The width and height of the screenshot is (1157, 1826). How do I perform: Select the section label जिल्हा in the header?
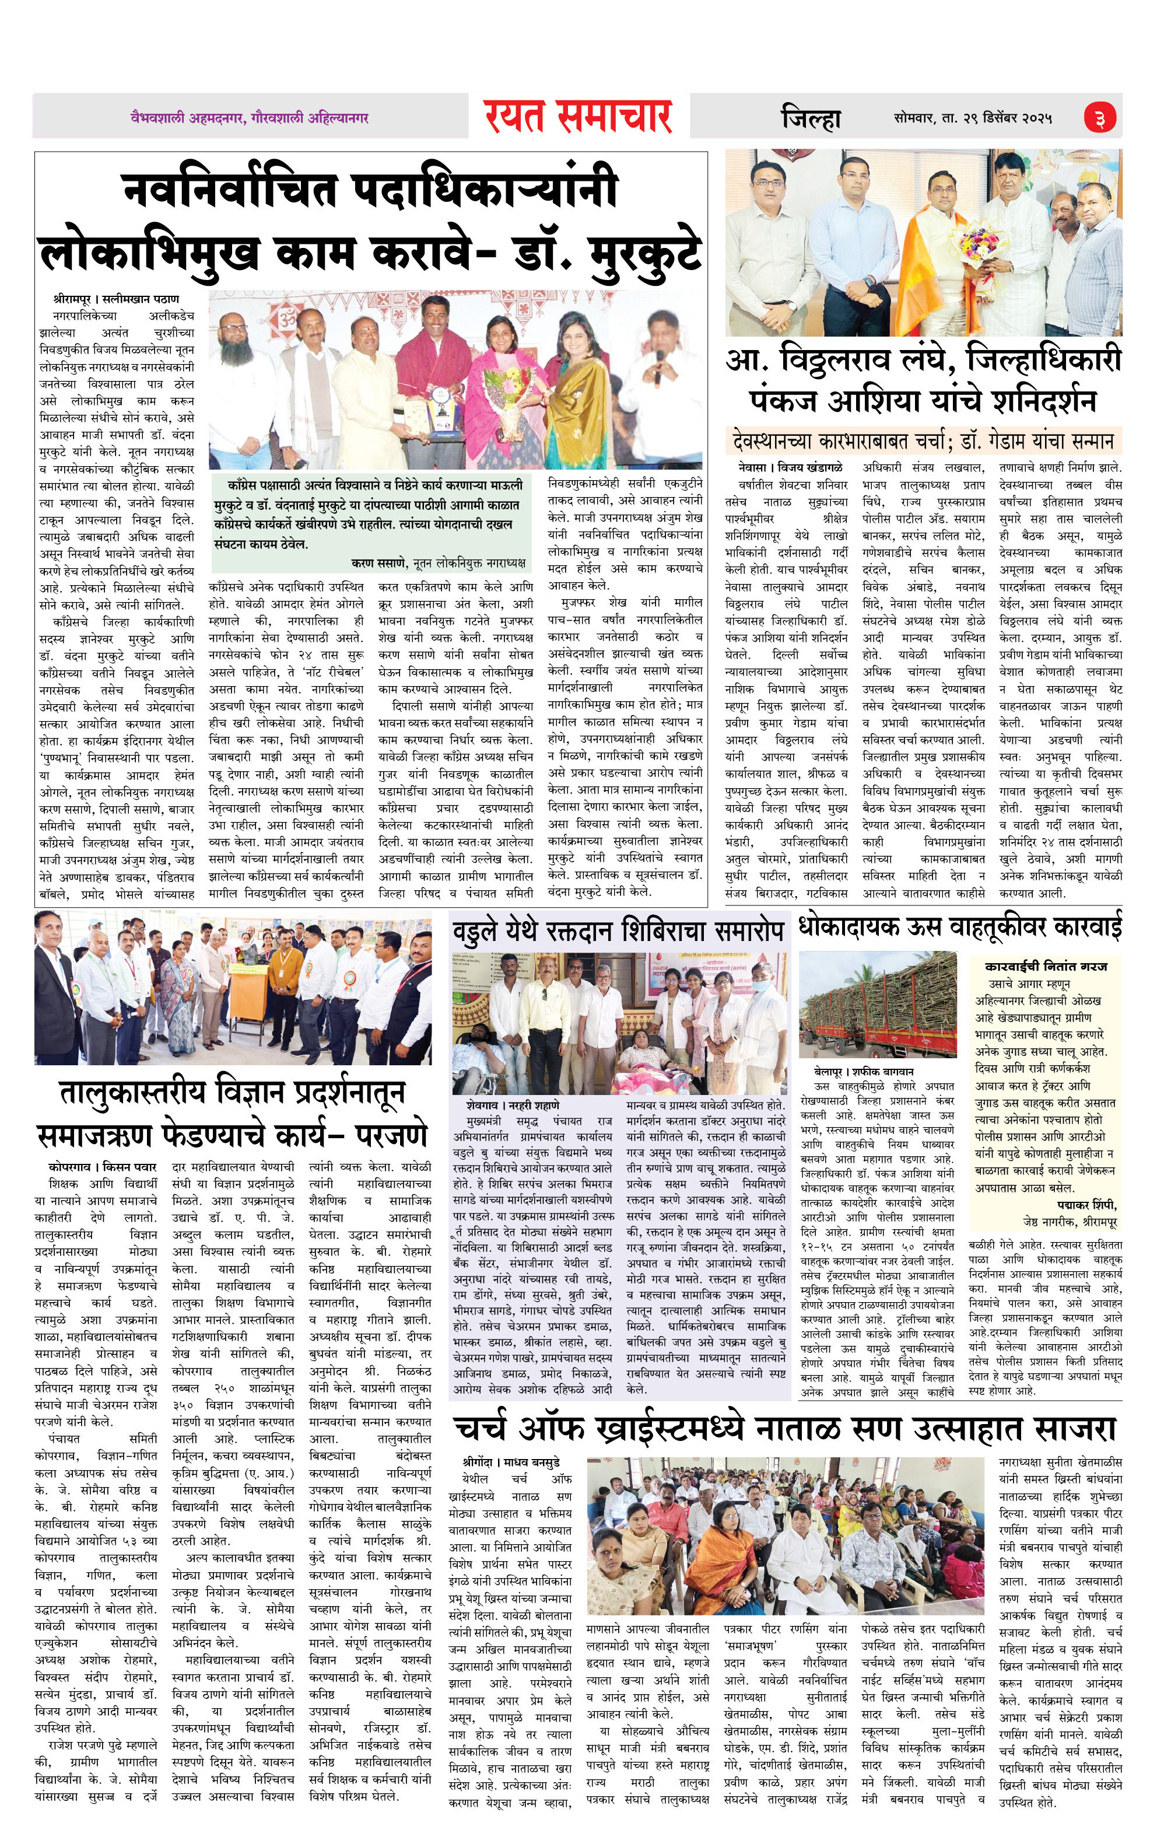(811, 118)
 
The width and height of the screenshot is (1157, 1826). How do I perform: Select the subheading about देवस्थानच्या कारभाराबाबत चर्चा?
(923, 440)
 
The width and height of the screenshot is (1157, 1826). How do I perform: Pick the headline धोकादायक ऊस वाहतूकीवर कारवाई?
(960, 926)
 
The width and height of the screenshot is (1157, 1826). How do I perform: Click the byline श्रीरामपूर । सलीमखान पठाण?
(117, 299)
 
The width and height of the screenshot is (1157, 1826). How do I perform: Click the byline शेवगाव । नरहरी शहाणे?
(513, 1106)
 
